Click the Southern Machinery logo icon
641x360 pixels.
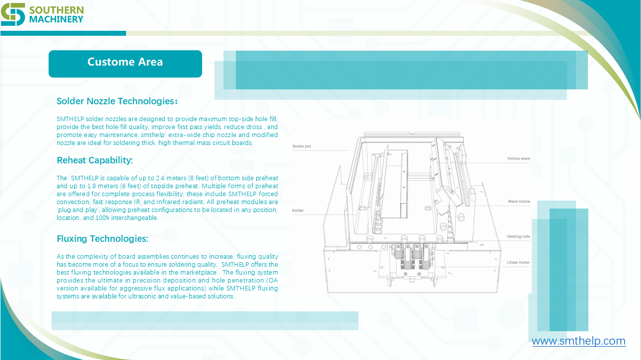[x=13, y=14]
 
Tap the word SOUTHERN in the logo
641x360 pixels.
[x=57, y=10]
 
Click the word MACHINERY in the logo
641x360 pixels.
[x=56, y=19]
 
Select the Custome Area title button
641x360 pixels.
[x=125, y=64]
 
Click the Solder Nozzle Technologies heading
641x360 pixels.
[x=117, y=101]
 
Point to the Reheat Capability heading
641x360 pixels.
[x=95, y=160]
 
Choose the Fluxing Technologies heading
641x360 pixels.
[x=102, y=239]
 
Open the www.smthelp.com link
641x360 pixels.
[x=578, y=341]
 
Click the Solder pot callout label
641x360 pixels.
[x=301, y=146]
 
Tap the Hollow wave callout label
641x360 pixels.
[x=518, y=158]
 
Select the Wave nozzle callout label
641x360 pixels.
[x=519, y=202]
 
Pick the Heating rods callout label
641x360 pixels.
[x=518, y=236]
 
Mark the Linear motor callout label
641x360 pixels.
[x=518, y=262]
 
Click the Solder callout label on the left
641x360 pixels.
[x=298, y=211]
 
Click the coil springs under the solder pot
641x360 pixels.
[x=411, y=256]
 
